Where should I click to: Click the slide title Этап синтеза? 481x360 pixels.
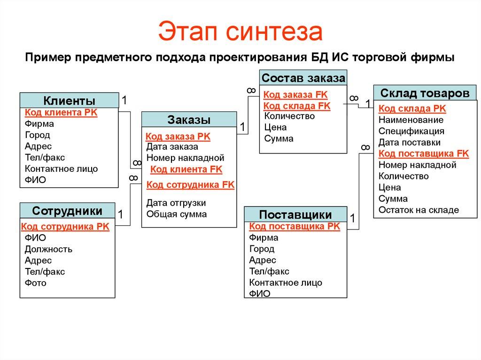(240, 31)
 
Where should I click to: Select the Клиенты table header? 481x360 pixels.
(69, 100)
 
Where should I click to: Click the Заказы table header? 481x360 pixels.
(189, 119)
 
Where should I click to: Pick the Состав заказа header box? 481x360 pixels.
(303, 77)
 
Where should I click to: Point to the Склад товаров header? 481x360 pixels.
(425, 93)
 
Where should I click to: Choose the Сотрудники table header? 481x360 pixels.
(67, 210)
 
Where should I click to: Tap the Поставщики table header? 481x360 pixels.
(295, 214)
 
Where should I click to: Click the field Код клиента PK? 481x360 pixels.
(61, 113)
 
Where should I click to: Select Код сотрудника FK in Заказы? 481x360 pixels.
(190, 184)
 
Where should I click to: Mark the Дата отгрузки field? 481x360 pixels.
(176, 203)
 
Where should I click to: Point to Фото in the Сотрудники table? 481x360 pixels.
(35, 283)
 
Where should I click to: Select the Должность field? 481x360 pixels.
(48, 249)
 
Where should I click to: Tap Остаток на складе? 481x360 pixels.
(419, 210)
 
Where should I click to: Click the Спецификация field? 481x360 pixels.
(411, 131)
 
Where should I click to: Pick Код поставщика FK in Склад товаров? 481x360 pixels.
(423, 153)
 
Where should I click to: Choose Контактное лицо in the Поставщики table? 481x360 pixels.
(286, 283)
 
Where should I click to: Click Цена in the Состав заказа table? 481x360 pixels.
(275, 127)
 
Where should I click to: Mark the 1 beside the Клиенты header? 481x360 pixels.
(124, 100)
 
